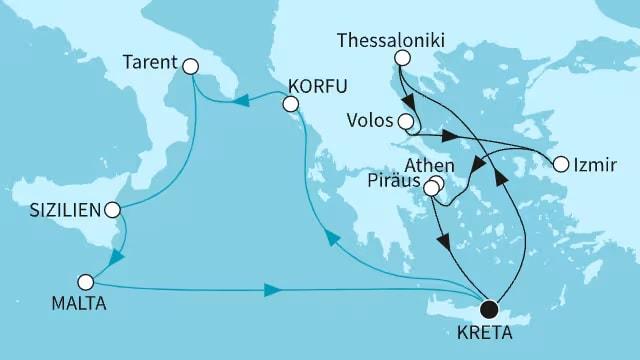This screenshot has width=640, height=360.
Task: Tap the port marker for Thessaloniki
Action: tap(401, 59)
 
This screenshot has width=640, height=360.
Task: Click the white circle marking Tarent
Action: tap(190, 66)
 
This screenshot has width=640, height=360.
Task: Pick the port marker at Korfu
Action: tap(291, 104)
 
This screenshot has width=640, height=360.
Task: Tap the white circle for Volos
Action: tap(405, 123)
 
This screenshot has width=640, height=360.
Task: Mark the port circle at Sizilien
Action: tap(112, 211)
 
